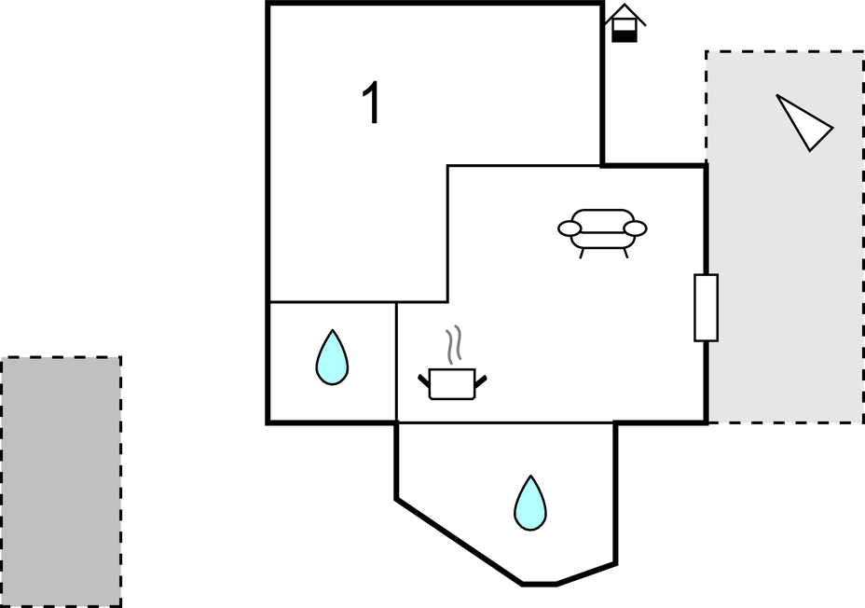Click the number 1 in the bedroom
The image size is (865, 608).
[372, 104]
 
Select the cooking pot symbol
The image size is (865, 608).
[452, 384]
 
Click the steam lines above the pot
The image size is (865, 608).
[453, 345]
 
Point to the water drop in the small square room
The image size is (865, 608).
[332, 357]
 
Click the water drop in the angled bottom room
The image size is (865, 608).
[530, 504]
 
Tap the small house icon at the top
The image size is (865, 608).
[625, 23]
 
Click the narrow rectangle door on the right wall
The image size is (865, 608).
[707, 308]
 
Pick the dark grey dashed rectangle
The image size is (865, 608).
[61, 482]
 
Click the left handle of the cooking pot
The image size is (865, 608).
[424, 380]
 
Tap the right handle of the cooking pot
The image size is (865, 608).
[481, 380]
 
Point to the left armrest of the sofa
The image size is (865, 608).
[570, 228]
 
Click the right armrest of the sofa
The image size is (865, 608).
[635, 228]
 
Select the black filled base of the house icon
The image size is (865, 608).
[625, 37]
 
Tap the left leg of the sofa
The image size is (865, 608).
[582, 254]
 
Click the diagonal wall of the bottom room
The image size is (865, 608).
[460, 541]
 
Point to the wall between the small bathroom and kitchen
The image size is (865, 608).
[396, 363]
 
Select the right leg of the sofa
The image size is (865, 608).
[625, 254]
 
